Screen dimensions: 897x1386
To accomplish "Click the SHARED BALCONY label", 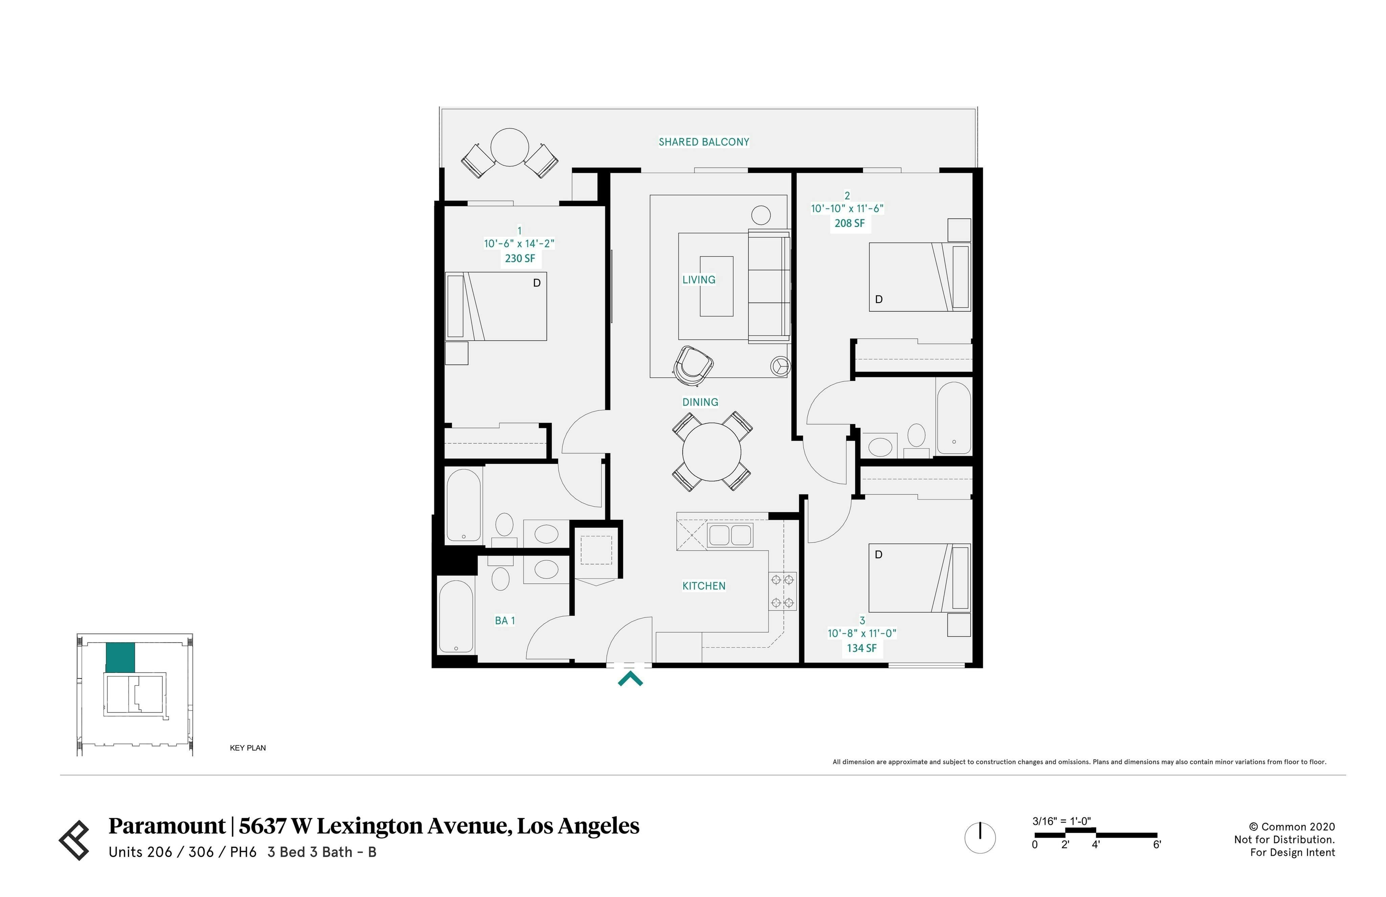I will click(x=703, y=141).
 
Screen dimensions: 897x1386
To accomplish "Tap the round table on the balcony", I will click(x=509, y=147).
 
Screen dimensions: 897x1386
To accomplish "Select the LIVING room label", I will click(x=698, y=280).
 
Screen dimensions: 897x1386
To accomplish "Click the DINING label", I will click(x=700, y=402).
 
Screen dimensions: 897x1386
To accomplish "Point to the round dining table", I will click(x=711, y=452).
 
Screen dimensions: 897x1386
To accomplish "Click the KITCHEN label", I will click(x=703, y=586).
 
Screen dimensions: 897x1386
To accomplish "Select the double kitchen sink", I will click(x=730, y=535).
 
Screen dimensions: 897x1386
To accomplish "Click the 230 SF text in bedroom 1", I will click(x=519, y=258).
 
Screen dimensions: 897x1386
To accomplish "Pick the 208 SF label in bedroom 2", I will click(x=849, y=223).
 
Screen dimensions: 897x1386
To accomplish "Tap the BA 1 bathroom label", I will click(x=505, y=621).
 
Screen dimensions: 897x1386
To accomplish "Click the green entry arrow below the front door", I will click(x=630, y=679).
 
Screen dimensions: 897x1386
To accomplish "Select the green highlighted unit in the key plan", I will click(x=120, y=657).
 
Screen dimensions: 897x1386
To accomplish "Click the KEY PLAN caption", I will click(x=247, y=748).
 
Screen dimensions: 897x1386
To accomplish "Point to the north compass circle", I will click(x=980, y=837).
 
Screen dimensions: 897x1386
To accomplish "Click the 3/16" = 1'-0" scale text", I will click(x=1061, y=821).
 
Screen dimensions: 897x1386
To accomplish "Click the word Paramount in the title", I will click(x=166, y=826).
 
